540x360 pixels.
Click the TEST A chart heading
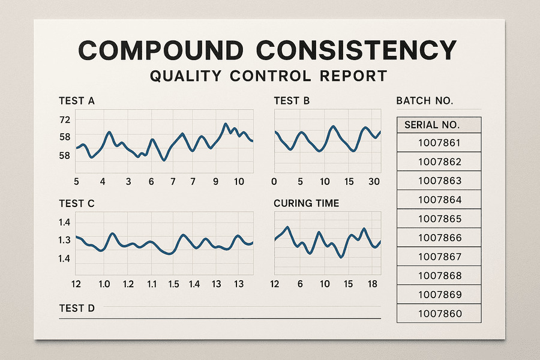tap(77, 101)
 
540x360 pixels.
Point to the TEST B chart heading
tap(292, 101)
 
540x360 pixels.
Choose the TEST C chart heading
tap(77, 203)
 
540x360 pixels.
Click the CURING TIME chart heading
tap(306, 203)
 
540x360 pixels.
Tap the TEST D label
tap(77, 308)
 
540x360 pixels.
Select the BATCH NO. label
tap(425, 101)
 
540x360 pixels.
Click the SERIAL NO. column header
tap(432, 125)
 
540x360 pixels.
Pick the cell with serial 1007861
tap(440, 143)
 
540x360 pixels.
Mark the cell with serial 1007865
tap(440, 219)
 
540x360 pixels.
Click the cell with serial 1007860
tap(440, 313)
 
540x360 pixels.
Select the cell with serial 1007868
tap(440, 276)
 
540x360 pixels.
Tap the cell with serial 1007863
tap(440, 181)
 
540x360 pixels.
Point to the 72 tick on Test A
tap(65, 119)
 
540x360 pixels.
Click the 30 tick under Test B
tap(373, 182)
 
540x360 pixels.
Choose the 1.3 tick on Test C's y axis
tap(65, 240)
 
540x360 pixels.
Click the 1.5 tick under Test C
tap(174, 284)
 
